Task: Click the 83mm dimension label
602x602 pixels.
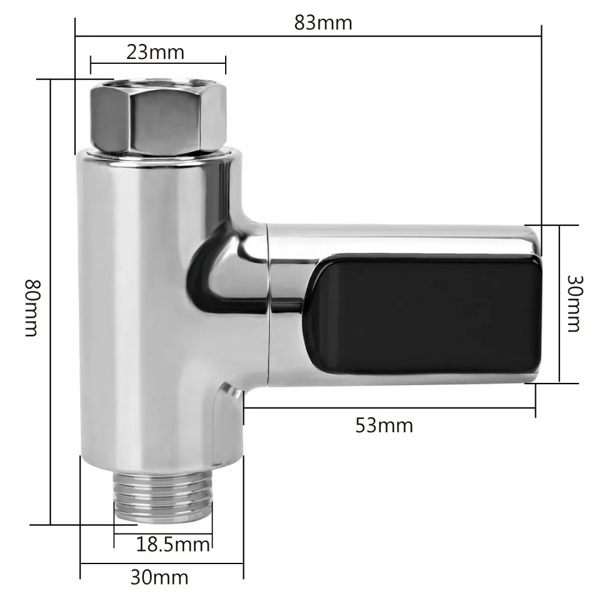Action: [x=323, y=23]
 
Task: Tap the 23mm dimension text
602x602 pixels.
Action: [x=155, y=52]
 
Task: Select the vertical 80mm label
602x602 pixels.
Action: [x=31, y=308]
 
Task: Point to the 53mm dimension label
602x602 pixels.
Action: [x=384, y=426]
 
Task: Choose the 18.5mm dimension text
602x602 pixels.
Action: [x=173, y=544]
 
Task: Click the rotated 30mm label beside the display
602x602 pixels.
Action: [x=575, y=303]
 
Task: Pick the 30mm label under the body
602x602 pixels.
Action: [x=160, y=577]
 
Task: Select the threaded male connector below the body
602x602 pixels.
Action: [x=163, y=497]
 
